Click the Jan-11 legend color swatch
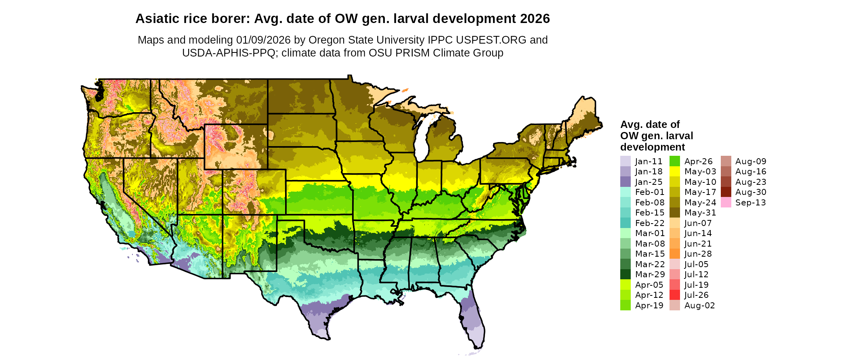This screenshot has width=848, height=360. tap(625, 161)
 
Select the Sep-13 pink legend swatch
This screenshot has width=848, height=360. tap(726, 202)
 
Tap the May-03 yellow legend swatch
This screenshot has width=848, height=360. tap(674, 172)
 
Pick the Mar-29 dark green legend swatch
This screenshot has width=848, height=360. tap(625, 274)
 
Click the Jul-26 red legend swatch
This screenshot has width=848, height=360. tap(674, 295)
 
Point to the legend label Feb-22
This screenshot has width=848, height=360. tap(649, 223)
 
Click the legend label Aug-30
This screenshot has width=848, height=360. tap(750, 192)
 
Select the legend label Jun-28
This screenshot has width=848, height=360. tap(698, 254)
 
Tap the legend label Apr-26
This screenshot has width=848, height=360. tap(698, 161)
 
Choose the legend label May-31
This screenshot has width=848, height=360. tap(700, 213)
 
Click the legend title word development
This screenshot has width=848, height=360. tap(653, 147)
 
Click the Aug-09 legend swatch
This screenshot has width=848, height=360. tap(726, 161)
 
